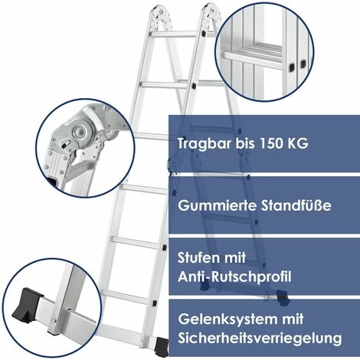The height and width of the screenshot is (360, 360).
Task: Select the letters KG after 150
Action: coord(298,143)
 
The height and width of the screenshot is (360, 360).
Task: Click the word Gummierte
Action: coord(217,205)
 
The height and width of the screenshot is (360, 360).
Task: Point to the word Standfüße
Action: coord(296,205)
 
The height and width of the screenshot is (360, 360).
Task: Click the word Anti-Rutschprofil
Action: coord(234,277)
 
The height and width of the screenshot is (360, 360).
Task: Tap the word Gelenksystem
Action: coord(224,319)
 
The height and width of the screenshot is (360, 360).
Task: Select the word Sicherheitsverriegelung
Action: coord(260,338)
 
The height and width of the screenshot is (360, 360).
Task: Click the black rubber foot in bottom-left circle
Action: coord(27,305)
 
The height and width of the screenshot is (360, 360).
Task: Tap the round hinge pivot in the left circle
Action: coord(80,133)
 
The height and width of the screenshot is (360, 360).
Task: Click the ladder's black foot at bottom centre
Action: coord(162,347)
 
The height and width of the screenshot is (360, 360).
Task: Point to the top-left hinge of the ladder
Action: coord(160,16)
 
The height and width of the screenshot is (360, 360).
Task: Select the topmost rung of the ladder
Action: coord(175,34)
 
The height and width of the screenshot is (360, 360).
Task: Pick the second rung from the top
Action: coord(166,85)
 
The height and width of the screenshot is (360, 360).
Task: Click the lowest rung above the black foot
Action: coord(126,297)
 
